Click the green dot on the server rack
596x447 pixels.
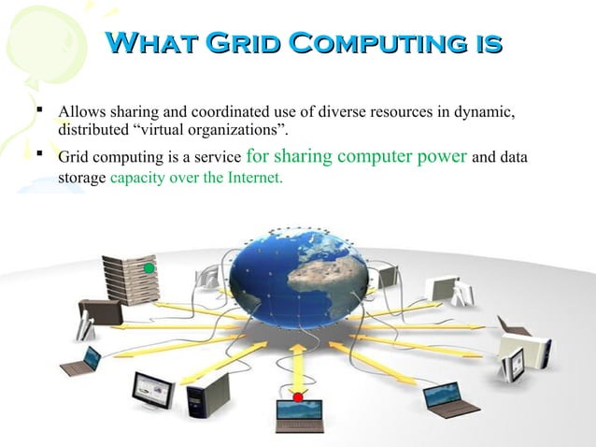tap(149, 268)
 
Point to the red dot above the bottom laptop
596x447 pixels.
tap(298, 397)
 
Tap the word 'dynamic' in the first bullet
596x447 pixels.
tap(486, 113)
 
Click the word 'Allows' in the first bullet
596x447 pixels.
tap(81, 113)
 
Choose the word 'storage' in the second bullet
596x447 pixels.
tap(82, 178)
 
